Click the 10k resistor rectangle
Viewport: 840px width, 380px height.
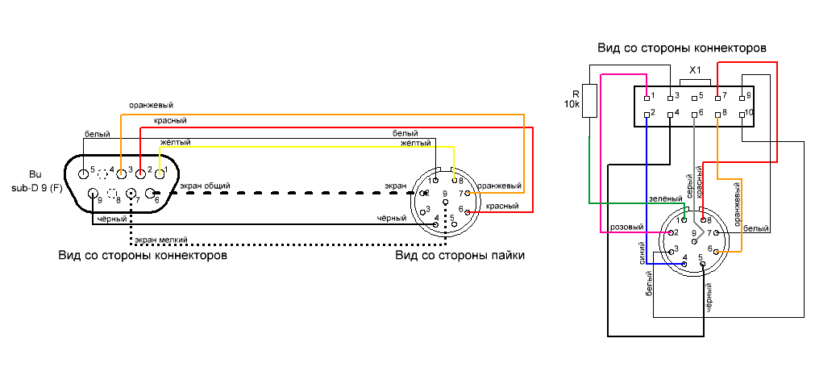589,101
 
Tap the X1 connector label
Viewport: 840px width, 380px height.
695,70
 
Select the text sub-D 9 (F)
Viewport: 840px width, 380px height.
35,188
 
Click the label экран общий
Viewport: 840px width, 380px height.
206,186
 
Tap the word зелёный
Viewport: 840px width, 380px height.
664,198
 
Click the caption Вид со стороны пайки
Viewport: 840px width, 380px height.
460,256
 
